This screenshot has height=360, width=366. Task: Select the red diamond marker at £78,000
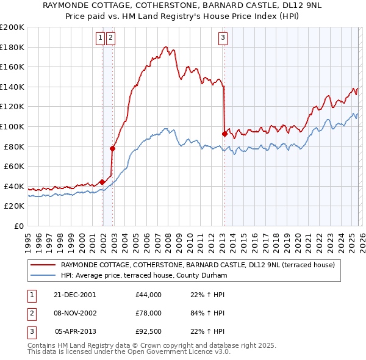[x=112, y=148]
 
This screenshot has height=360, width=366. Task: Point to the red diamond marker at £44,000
[x=102, y=182]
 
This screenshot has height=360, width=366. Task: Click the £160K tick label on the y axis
[x=12, y=67]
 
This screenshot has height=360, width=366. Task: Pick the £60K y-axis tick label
[x=14, y=166]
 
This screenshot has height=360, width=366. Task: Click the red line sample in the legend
[x=43, y=265]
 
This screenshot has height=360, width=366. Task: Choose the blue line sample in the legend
[x=43, y=275]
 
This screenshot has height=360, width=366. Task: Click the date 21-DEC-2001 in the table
[x=75, y=295]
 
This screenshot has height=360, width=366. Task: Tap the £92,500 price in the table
[x=149, y=333]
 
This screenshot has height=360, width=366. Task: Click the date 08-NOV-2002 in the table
[x=75, y=314]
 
